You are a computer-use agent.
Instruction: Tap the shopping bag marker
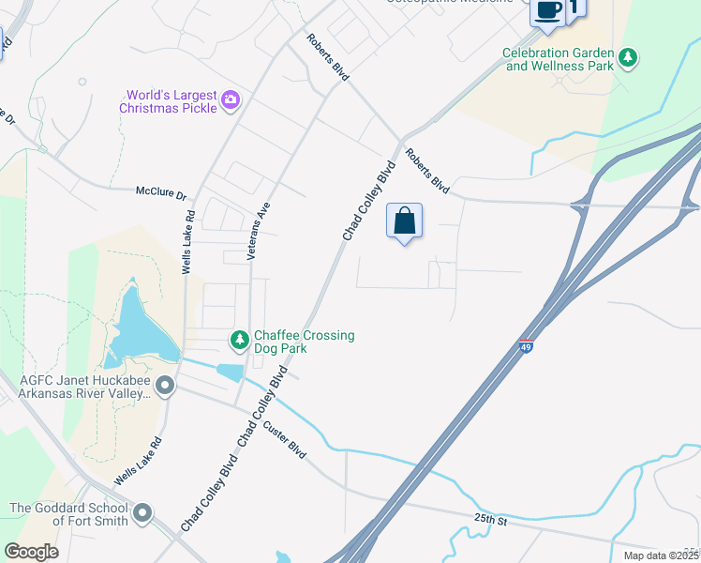point(405,222)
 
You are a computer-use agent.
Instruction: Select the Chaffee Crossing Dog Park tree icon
point(240,338)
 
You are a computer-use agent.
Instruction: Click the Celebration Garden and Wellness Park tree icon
point(628,59)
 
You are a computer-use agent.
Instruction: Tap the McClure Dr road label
point(162,193)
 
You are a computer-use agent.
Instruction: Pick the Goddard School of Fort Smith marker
point(142,513)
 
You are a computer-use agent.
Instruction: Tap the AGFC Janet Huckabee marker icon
point(166,386)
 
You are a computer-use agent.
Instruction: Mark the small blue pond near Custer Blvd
point(231,373)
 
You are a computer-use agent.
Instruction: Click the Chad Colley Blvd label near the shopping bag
point(368,202)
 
